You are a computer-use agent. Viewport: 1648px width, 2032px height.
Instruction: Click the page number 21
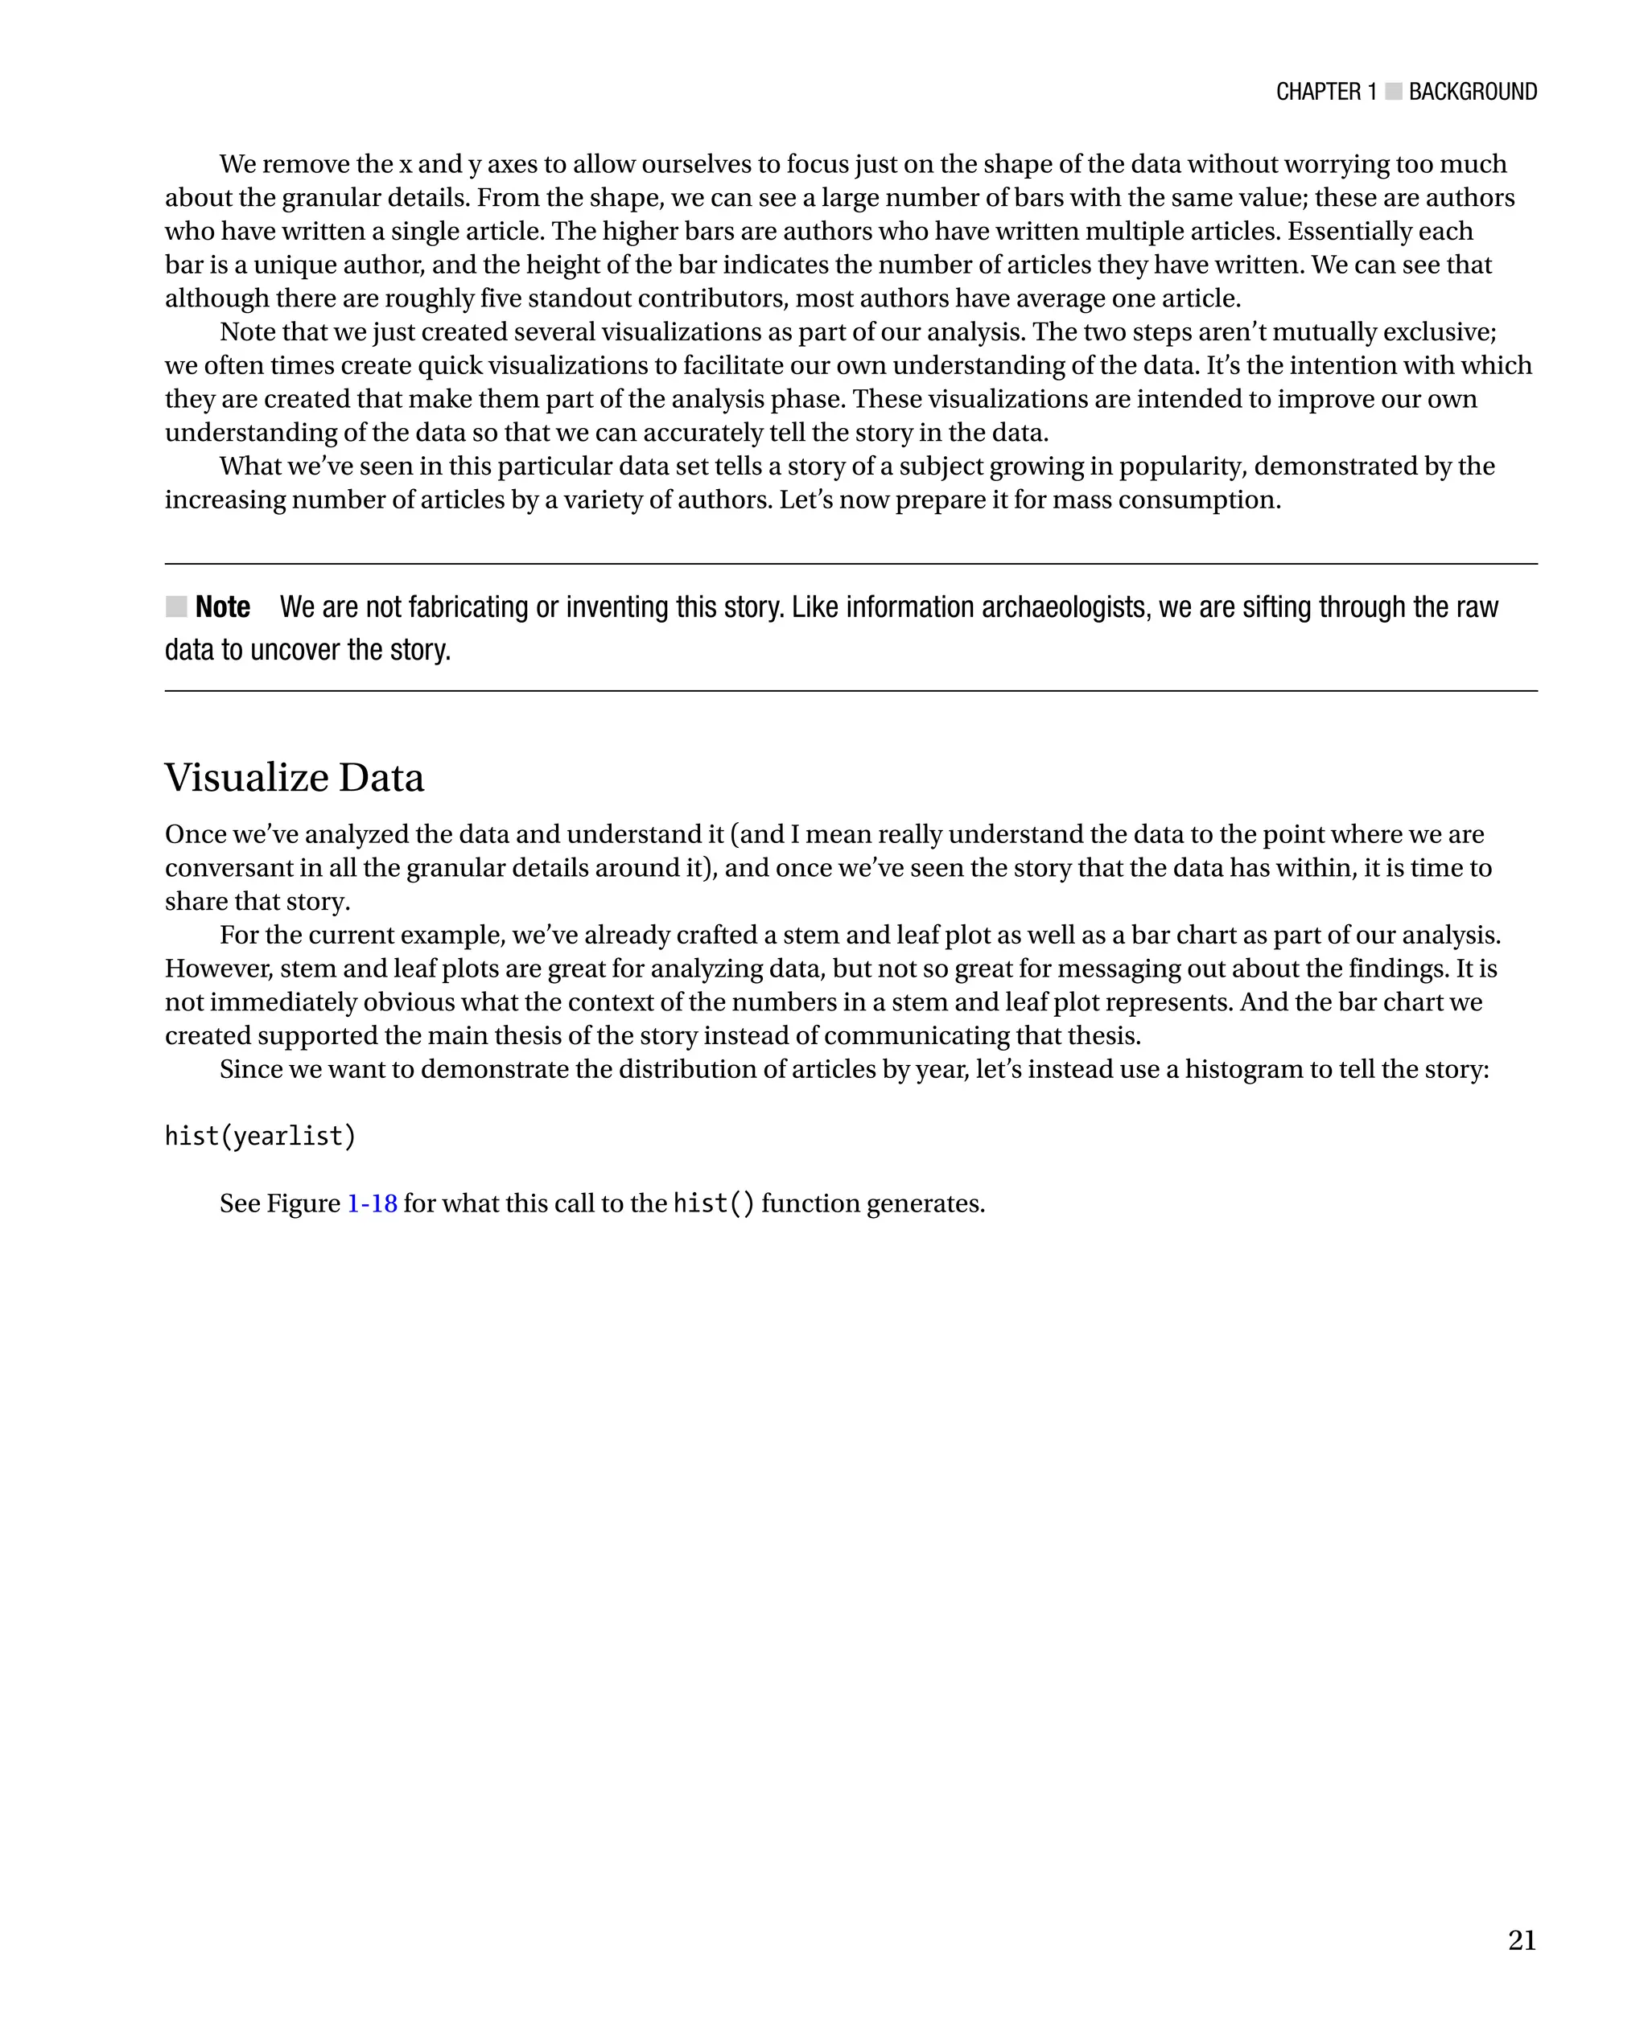pos(1521,1940)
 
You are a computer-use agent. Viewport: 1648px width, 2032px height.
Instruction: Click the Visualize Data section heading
pos(295,777)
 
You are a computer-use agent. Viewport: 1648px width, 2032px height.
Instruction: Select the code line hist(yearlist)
pos(260,1136)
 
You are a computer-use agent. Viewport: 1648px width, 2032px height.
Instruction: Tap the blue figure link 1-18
pos(372,1203)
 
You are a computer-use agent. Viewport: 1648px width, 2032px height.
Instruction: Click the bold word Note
pos(222,607)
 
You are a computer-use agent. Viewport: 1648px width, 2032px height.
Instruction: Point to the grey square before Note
pos(176,607)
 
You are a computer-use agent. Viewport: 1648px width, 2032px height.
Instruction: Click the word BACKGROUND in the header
pos(1473,92)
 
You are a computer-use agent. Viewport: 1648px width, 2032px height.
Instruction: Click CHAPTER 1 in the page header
pos(1326,92)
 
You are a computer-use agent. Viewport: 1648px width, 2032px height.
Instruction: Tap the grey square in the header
pos(1393,92)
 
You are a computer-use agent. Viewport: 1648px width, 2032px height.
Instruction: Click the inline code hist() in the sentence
pos(714,1203)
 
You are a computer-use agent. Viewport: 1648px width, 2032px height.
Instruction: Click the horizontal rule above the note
pos(851,564)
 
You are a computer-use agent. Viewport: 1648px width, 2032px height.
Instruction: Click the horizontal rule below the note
pos(851,691)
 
